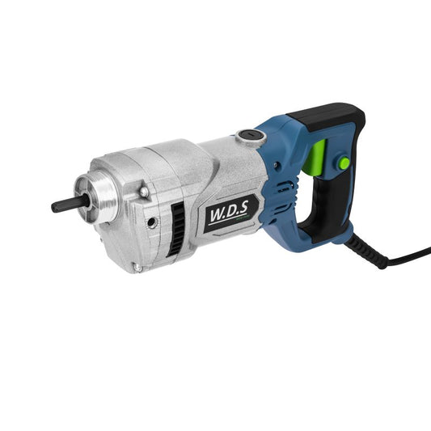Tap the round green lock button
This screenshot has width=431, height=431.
(344, 163)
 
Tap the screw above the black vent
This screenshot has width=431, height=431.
(142, 192)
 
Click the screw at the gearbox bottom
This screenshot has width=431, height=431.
(137, 268)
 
